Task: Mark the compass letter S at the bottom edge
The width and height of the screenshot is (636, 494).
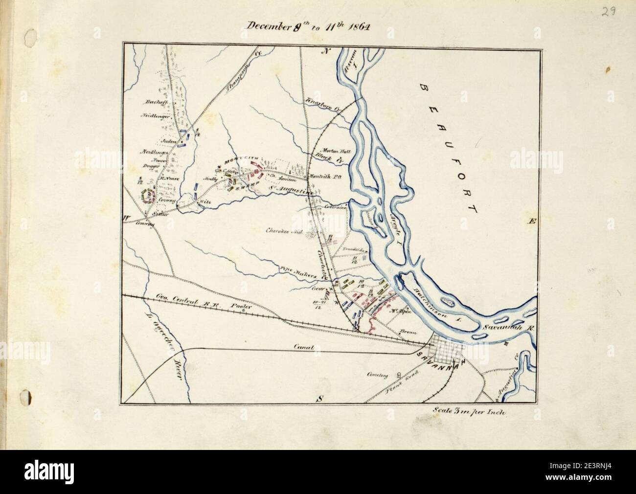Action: (320, 399)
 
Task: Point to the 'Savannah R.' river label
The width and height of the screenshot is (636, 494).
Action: (506, 326)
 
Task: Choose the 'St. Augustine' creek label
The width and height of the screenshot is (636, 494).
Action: (292, 191)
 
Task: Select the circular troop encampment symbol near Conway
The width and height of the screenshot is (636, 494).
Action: (146, 196)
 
